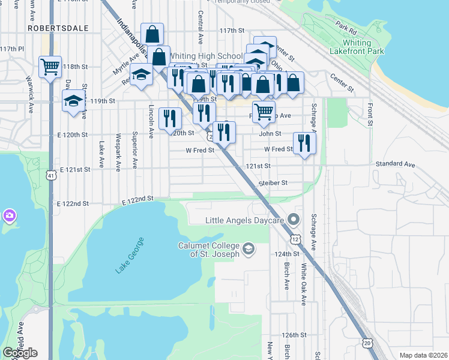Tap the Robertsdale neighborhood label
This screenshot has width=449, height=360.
tap(58, 28)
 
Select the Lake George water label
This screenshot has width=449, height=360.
tap(130, 256)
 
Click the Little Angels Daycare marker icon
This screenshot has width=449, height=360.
tap(294, 220)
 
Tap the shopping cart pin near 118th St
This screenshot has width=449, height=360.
tap(50, 66)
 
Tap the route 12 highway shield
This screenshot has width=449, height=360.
tap(296, 239)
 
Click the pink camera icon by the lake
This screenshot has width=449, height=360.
tap(9, 215)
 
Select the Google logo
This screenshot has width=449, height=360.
tap(20, 352)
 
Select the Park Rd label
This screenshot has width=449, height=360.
tap(346, 28)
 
